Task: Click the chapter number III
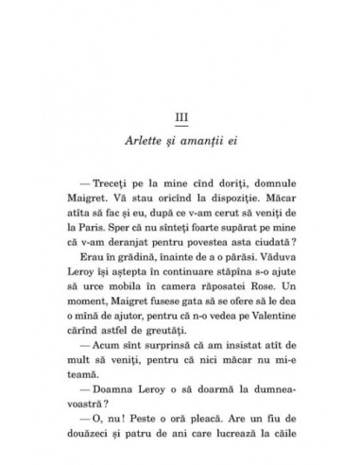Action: pos(180,116)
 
